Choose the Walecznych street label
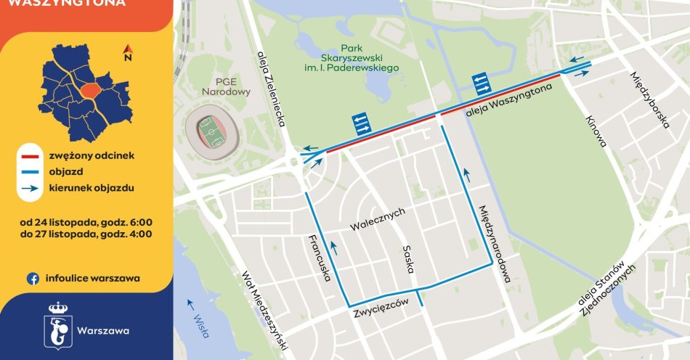[x=377, y=218]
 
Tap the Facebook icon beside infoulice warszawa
[x=33, y=278]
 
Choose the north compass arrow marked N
[x=127, y=53]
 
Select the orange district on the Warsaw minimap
[x=90, y=90]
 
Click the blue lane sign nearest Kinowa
[x=481, y=83]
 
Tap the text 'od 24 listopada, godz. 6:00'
[x=86, y=221]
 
